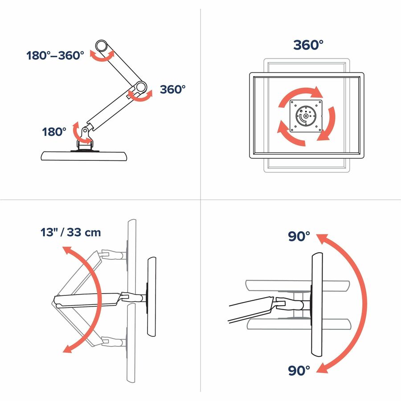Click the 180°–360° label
[x=55, y=56]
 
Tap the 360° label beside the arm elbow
[x=172, y=89]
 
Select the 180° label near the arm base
[x=54, y=132]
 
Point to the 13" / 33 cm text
[x=70, y=232]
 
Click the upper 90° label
[x=299, y=236]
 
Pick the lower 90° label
[x=299, y=370]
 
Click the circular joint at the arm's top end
[x=101, y=46]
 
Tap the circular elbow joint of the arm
[x=140, y=87]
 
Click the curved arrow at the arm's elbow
[x=140, y=98]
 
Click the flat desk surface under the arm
[x=84, y=156]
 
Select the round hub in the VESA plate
[x=306, y=115]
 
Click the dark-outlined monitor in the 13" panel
[x=151, y=297]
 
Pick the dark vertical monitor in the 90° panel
[x=317, y=304]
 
